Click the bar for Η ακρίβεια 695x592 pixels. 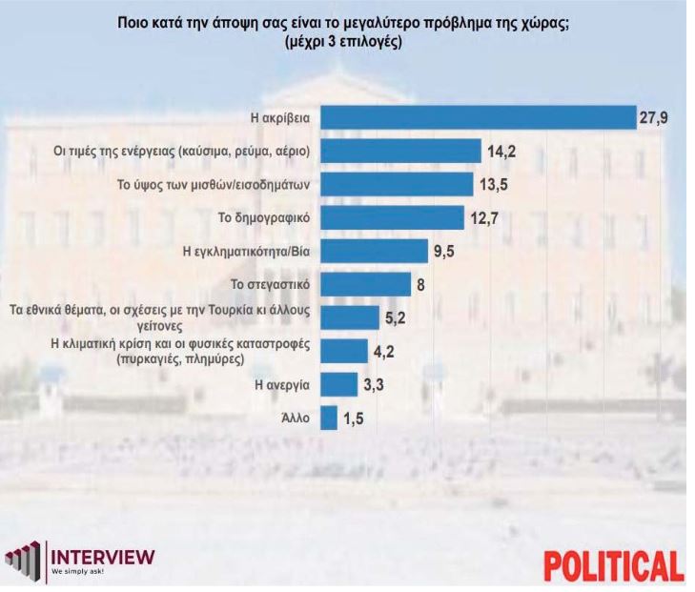point(478,116)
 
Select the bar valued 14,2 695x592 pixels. point(400,151)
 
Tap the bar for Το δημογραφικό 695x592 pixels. point(392,217)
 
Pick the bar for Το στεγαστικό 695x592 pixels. point(365,284)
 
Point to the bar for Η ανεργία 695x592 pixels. point(333,384)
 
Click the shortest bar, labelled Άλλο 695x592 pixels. point(329,418)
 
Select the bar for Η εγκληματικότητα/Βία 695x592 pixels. point(374,251)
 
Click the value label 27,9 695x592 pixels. point(653,117)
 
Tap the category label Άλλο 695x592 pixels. point(297,418)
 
